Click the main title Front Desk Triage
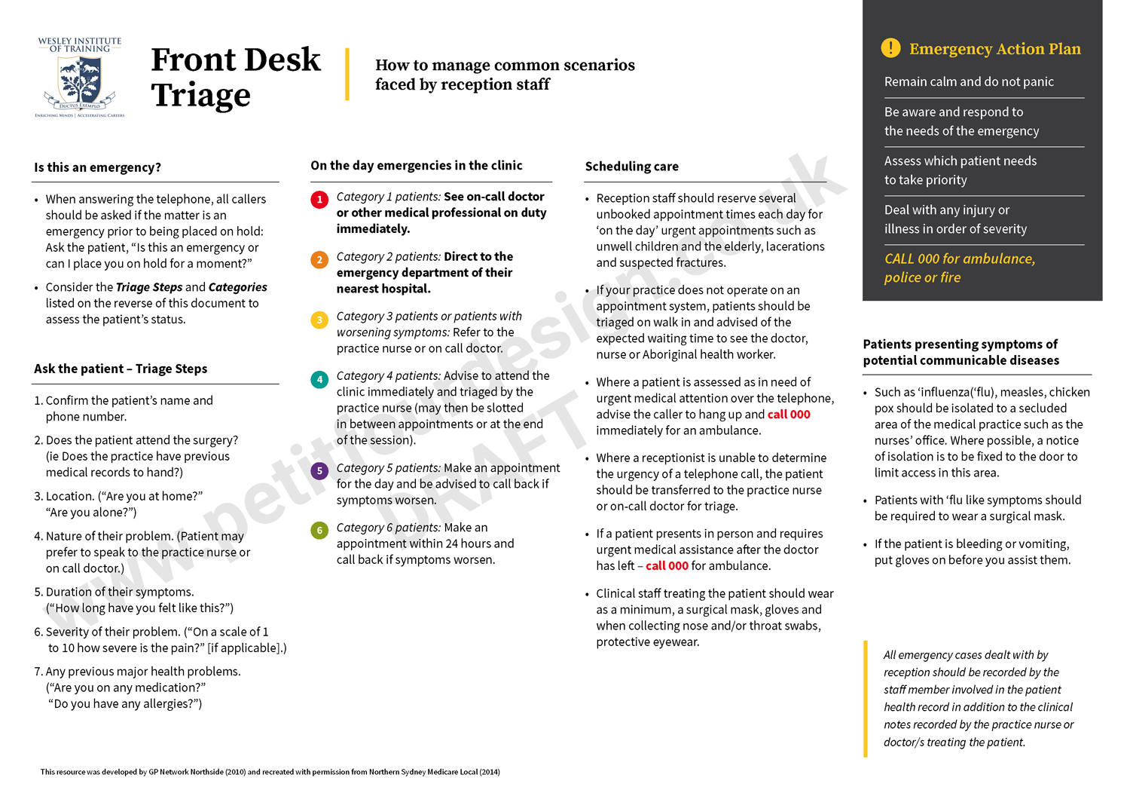tap(235, 77)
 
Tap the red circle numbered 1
tap(319, 200)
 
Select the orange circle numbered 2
tap(319, 260)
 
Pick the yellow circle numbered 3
tap(319, 320)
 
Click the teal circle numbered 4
tap(319, 379)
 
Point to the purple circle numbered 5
tap(319, 471)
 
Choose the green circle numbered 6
tap(319, 531)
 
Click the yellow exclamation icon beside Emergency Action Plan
tap(890, 48)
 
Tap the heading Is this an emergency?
tap(97, 167)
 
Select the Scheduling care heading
tap(631, 167)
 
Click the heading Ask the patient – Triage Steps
tap(121, 369)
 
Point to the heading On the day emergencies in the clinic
tap(416, 166)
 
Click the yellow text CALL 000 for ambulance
tap(959, 259)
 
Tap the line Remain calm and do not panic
tap(969, 81)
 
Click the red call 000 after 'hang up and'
tap(789, 415)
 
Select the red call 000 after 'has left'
tap(667, 566)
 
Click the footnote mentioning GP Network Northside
tap(270, 772)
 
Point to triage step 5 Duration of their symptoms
tap(120, 592)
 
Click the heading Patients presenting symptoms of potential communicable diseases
tap(960, 352)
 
